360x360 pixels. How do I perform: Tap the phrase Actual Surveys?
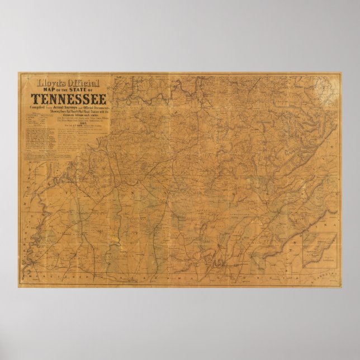66,106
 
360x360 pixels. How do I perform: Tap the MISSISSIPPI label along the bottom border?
61,277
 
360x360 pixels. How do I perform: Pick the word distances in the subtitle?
59,115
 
